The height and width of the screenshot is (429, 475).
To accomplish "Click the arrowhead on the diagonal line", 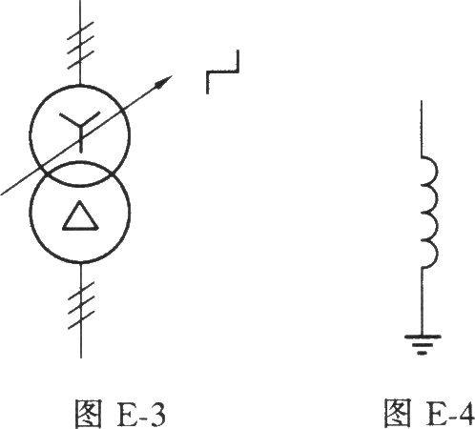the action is click(x=165, y=81).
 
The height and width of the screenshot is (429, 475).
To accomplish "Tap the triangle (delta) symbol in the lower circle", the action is click(x=79, y=216).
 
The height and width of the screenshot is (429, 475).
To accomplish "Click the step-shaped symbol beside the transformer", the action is click(x=222, y=71).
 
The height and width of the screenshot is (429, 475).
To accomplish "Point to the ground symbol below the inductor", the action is click(x=422, y=344).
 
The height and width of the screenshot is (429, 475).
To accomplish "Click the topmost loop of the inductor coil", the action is click(x=436, y=171).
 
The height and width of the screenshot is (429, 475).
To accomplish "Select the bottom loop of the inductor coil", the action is click(x=436, y=255).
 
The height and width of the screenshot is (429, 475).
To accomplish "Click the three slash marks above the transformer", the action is click(x=80, y=45).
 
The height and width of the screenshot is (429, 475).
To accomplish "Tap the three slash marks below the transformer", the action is click(x=81, y=305).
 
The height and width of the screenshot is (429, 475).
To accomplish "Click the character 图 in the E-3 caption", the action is click(x=88, y=413).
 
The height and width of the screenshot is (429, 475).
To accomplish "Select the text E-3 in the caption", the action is click(x=141, y=413).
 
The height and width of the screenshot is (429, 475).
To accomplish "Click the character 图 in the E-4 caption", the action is click(x=398, y=413).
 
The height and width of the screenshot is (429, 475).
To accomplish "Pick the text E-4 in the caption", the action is click(x=451, y=413).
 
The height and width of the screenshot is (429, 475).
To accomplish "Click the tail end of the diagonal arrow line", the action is click(x=2, y=194).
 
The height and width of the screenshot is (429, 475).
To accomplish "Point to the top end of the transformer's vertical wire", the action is click(x=80, y=1).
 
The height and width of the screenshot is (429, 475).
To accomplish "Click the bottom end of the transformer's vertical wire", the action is click(x=81, y=357).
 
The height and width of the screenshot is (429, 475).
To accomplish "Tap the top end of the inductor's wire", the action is click(x=422, y=102).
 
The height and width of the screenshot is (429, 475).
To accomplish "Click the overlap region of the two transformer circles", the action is click(x=80, y=174).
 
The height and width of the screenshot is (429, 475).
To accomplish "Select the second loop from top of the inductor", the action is click(x=436, y=199).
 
